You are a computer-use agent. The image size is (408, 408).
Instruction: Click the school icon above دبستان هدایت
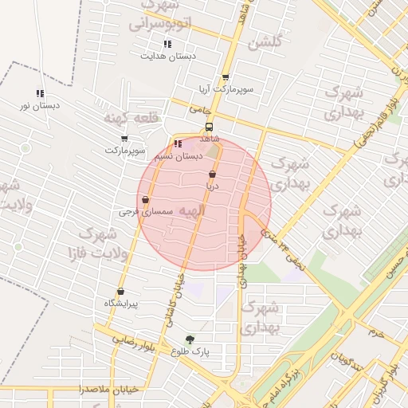(167, 44)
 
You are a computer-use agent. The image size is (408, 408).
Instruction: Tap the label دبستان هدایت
(168, 57)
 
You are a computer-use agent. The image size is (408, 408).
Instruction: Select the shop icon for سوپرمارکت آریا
(226, 78)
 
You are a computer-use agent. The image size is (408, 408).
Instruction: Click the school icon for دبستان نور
(40, 93)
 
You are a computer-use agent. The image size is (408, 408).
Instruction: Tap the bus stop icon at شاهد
(209, 127)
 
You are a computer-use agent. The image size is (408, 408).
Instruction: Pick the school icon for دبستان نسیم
(177, 144)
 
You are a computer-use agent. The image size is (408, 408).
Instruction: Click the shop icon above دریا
(212, 174)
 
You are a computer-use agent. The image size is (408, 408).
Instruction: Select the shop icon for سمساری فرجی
(145, 200)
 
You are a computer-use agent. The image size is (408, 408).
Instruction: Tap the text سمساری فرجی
(140, 212)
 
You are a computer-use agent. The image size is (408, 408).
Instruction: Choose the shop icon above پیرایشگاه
(120, 292)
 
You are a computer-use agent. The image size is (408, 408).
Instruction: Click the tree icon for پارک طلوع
(190, 339)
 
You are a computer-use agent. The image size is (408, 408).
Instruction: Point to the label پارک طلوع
(190, 351)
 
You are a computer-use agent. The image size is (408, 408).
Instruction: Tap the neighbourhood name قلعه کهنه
(131, 118)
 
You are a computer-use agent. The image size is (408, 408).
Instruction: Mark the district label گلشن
(265, 44)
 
